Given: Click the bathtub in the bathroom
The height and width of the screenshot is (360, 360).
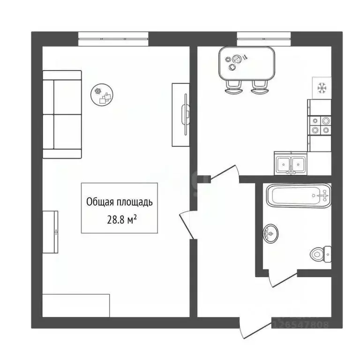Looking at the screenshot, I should tap(298, 195).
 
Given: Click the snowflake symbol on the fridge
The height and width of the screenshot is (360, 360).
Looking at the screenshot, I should tap(322, 87).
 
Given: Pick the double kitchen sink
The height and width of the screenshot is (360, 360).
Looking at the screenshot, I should tap(290, 164).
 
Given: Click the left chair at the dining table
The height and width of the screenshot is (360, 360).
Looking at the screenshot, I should tap(233, 87).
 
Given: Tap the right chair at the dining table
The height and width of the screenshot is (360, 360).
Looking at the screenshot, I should tap(258, 87).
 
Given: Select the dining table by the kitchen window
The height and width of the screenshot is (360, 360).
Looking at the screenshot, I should tap(246, 63).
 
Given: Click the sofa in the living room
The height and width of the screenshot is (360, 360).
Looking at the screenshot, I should tap(61, 114).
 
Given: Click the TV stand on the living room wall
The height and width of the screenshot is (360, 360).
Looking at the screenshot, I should tap(181, 114).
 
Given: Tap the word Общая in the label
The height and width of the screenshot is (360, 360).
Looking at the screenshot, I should tap(99, 202).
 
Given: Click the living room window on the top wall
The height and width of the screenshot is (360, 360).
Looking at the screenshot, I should tap(113, 39).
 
